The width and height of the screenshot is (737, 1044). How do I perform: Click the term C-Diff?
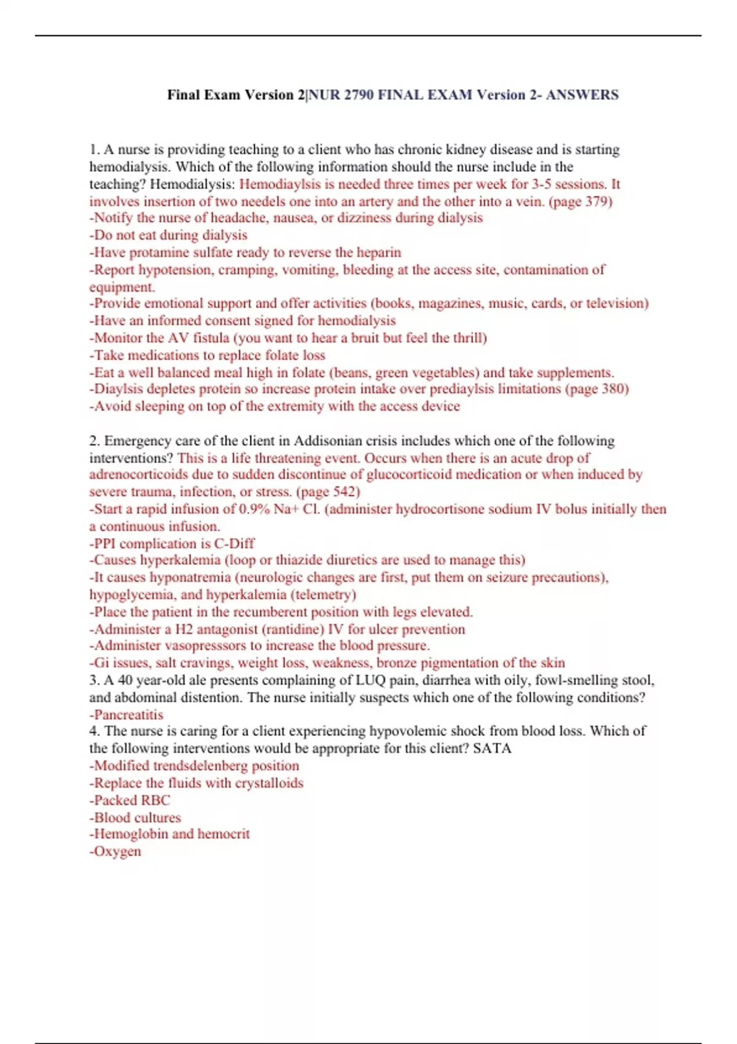click(x=234, y=543)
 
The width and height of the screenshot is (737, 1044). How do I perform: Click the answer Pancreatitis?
click(x=128, y=715)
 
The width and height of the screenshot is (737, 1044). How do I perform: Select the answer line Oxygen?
click(x=117, y=852)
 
